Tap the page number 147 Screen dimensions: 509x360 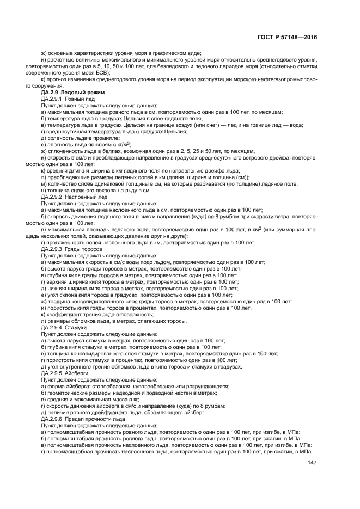(312, 463)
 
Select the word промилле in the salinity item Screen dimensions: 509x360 (103, 138)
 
